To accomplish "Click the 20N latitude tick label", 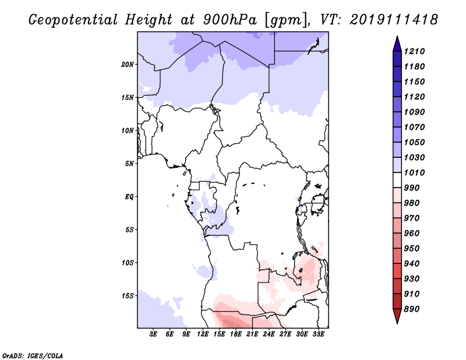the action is click(128, 64).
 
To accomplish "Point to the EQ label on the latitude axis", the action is click(129, 197).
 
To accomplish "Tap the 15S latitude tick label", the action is click(128, 296).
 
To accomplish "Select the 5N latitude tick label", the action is click(129, 164).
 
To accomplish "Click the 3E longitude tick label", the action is click(153, 334).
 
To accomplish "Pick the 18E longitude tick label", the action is click(236, 334).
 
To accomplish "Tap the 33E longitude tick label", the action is click(318, 334).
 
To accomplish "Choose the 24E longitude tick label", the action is click(269, 334).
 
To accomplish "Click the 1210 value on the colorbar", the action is click(414, 51).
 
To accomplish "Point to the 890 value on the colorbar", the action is click(412, 309).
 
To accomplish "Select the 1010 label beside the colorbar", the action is click(414, 172).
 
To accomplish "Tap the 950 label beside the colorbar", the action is click(412, 249).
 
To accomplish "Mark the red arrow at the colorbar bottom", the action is click(397, 315).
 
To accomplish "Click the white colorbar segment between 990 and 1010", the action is click(397, 180).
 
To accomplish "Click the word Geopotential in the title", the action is click(73, 20).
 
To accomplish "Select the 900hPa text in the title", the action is click(230, 20).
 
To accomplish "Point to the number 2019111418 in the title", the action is click(394, 20).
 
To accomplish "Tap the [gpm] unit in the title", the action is click(286, 20).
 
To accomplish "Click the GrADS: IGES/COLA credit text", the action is click(33, 356).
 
